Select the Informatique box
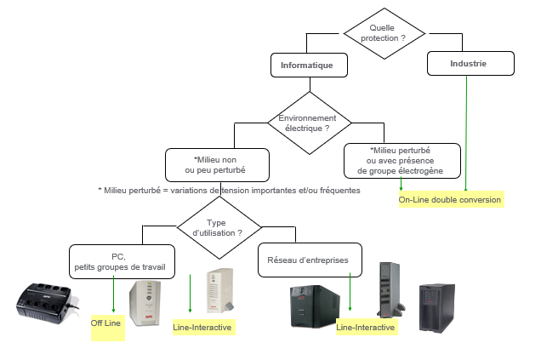point(313,64)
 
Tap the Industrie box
point(469,63)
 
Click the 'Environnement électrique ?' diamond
point(308,122)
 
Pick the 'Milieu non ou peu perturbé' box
point(219,163)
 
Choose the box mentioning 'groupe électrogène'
point(402,159)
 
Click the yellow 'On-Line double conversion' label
point(451,200)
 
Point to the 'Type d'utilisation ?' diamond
point(219,227)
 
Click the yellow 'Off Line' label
point(107,324)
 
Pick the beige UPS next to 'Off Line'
point(145,303)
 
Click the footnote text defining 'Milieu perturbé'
point(229,190)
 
